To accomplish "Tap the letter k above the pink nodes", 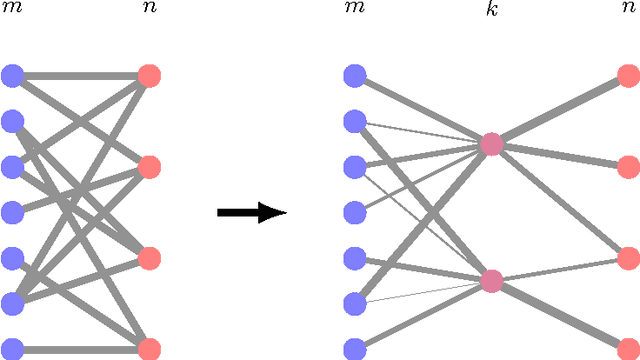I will pyautogui.click(x=491, y=10).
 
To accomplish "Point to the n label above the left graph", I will pyautogui.click(x=149, y=10).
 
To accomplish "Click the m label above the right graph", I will pyautogui.click(x=354, y=10).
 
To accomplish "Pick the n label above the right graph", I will pyautogui.click(x=627, y=10).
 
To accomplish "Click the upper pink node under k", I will pyautogui.click(x=491, y=145).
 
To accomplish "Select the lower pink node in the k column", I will pyautogui.click(x=491, y=281).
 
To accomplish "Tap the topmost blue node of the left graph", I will pyautogui.click(x=12, y=75).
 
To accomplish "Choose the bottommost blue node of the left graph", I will pyautogui.click(x=12, y=349).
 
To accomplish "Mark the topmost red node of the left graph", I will pyautogui.click(x=149, y=75).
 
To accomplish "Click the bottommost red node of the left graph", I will pyautogui.click(x=149, y=349).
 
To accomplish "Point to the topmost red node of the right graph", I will pyautogui.click(x=627, y=75).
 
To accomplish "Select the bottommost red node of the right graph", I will pyautogui.click(x=627, y=349).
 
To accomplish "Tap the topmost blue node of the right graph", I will pyautogui.click(x=354, y=75).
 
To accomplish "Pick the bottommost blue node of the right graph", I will pyautogui.click(x=354, y=349).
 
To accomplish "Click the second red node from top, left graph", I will pyautogui.click(x=149, y=166).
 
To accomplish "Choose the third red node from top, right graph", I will pyautogui.click(x=627, y=258).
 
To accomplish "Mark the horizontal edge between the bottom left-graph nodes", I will pyautogui.click(x=80, y=349).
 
